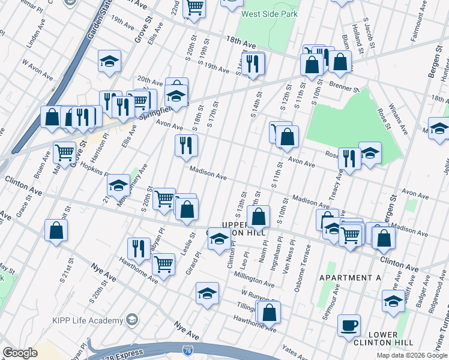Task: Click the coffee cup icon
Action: coord(349,326)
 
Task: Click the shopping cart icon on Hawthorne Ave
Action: coord(163,263)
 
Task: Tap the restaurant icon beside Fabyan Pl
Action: coord(139,248)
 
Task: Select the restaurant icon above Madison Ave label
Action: coord(186,145)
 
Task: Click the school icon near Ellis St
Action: coord(109,61)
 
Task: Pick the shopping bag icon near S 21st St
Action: coord(56,230)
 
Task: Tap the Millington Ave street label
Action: coord(255,280)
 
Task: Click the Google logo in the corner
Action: coord(20,353)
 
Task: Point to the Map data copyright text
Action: coord(412,355)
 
